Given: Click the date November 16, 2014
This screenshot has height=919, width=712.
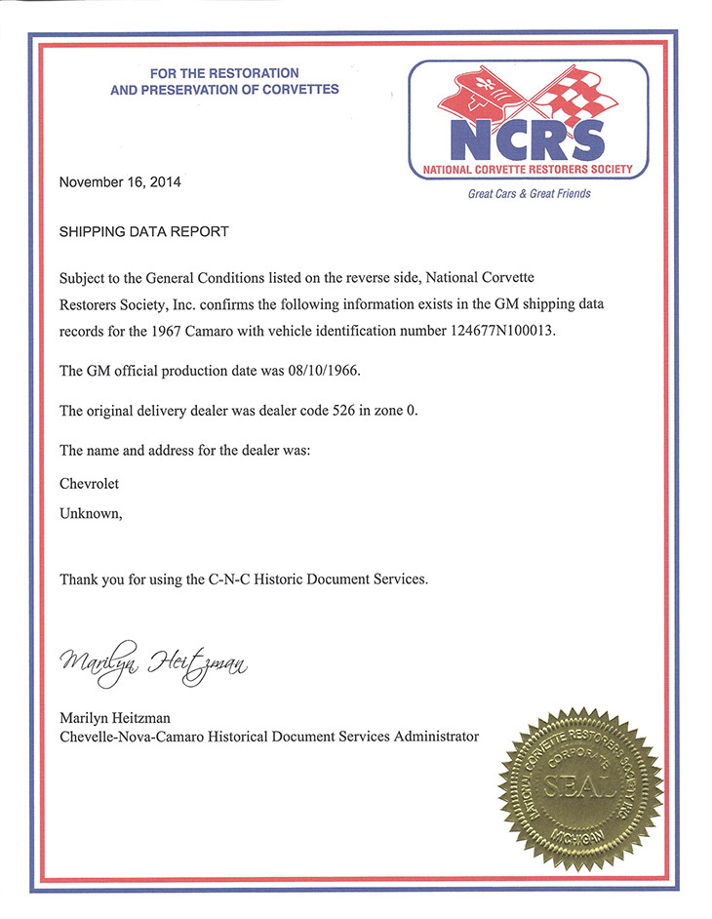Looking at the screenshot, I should pyautogui.click(x=120, y=181).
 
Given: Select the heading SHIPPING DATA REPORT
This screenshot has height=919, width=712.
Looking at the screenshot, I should pyautogui.click(x=143, y=232).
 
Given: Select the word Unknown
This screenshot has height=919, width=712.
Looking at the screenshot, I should pyautogui.click(x=91, y=513).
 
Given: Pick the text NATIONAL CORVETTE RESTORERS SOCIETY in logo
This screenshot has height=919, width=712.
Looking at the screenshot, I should pyautogui.click(x=528, y=170).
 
